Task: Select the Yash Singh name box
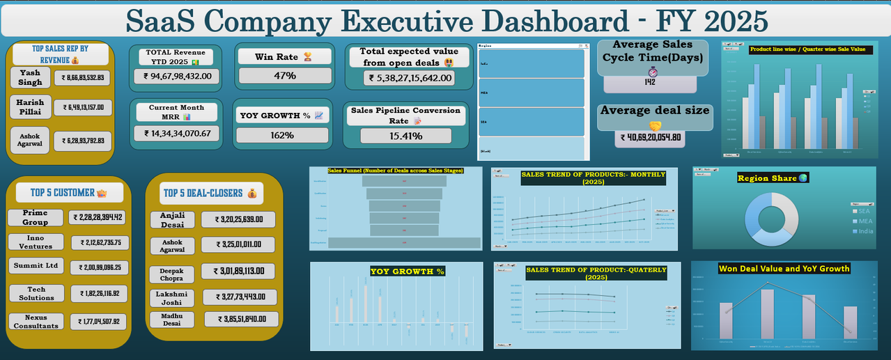(x=30, y=77)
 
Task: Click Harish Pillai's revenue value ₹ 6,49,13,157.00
(x=82, y=107)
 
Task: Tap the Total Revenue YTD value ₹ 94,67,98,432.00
(x=176, y=76)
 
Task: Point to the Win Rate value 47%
(x=284, y=75)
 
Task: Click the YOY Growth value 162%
(x=282, y=135)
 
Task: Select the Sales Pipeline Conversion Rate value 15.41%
(x=405, y=136)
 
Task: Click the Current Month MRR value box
(x=176, y=133)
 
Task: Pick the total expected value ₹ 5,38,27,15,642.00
(x=408, y=78)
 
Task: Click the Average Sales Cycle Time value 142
(x=649, y=83)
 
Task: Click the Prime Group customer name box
(x=35, y=217)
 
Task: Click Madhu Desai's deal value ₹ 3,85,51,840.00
(x=241, y=319)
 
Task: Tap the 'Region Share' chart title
(x=768, y=178)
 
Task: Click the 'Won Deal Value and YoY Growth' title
(x=784, y=268)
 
